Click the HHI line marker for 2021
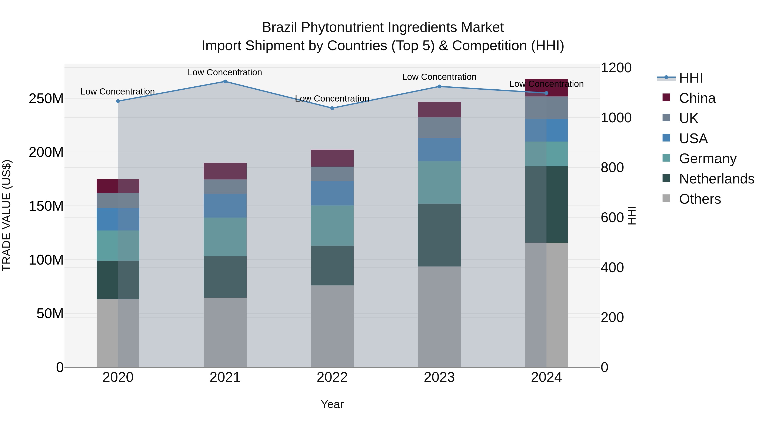click(x=225, y=82)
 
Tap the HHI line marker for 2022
click(x=332, y=108)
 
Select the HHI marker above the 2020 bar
click(x=118, y=101)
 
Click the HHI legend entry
click(x=690, y=78)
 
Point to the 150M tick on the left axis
click(x=46, y=206)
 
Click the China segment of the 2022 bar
click(x=332, y=158)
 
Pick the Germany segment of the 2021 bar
click(x=225, y=237)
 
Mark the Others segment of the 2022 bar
click(x=332, y=326)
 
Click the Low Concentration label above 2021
click(x=225, y=72)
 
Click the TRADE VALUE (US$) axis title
click(x=7, y=215)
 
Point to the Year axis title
click(x=332, y=404)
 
